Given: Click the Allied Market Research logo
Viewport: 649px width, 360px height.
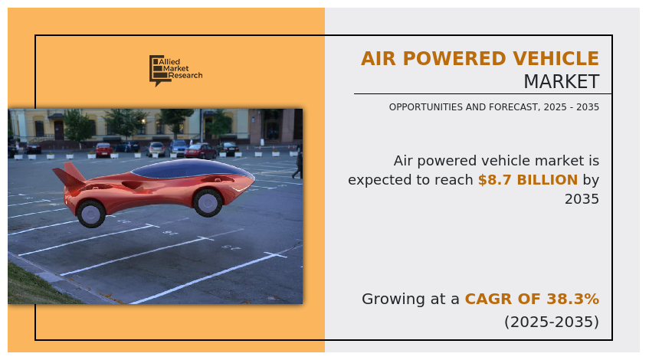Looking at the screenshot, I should click(x=175, y=70).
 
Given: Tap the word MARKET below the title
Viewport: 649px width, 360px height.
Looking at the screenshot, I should click(x=561, y=82).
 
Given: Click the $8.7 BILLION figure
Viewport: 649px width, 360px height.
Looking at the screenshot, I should click(x=527, y=180).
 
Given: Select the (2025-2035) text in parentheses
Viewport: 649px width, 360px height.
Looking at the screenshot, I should click(x=551, y=322).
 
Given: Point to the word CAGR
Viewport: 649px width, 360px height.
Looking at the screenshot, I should click(x=491, y=299).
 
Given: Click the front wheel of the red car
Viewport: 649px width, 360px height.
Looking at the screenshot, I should click(x=208, y=201).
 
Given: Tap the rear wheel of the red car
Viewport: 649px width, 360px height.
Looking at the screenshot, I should click(x=91, y=212).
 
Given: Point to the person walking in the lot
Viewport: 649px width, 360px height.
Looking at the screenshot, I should click(x=297, y=162).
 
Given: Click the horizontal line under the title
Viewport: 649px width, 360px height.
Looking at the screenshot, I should click(x=482, y=94).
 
